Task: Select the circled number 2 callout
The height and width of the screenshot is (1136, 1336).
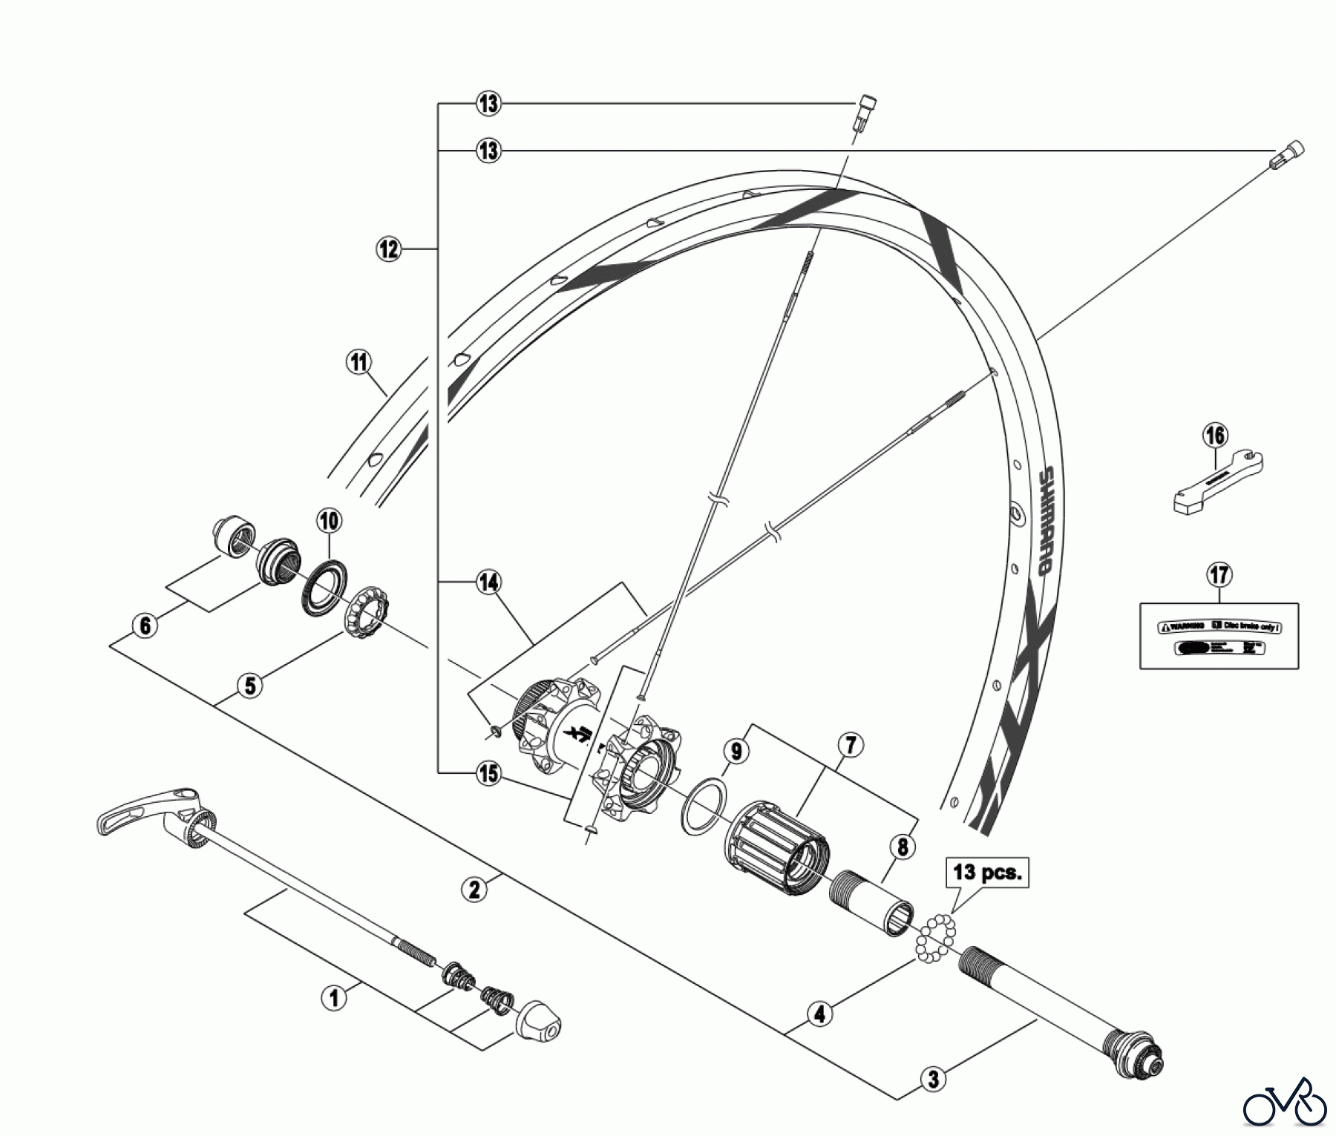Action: [x=474, y=888]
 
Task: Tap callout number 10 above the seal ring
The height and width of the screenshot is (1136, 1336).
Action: [x=330, y=521]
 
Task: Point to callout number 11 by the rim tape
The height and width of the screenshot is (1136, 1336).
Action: [x=359, y=363]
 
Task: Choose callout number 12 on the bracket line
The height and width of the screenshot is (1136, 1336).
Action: [x=389, y=248]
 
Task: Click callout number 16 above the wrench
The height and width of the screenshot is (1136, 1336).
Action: [x=1216, y=436]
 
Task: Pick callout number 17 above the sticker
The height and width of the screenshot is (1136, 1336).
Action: [x=1219, y=574]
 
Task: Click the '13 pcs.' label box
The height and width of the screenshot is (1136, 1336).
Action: [x=987, y=872]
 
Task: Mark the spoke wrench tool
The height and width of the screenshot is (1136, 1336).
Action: [x=1217, y=482]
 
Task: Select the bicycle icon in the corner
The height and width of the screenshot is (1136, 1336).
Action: [x=1285, y=1109]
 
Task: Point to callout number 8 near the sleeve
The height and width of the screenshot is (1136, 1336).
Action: [x=903, y=847]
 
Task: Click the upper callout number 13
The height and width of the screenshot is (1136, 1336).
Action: [x=488, y=103]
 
